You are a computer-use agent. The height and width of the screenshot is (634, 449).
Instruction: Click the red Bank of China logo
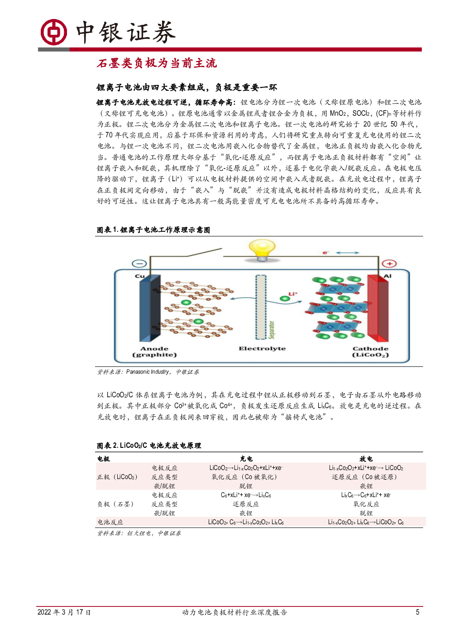53,32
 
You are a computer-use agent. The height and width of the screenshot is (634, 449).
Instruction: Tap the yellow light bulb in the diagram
262,250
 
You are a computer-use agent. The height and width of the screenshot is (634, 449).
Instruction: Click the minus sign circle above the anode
139,263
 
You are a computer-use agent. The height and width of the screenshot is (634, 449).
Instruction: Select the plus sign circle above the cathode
389,264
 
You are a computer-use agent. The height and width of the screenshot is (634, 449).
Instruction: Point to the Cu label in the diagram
140,276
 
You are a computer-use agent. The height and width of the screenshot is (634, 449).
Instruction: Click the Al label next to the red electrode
387,276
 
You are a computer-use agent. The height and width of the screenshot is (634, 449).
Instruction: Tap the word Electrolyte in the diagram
262,348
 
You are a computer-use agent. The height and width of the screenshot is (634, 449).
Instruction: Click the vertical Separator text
272,330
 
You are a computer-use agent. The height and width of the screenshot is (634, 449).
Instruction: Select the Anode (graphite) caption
154,352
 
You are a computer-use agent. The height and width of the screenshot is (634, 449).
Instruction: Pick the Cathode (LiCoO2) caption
371,352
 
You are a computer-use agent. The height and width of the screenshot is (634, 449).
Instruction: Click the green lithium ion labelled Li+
284,298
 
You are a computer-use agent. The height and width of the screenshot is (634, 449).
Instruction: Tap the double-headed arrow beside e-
348,253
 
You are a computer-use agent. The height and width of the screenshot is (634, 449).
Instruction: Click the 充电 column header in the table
246,459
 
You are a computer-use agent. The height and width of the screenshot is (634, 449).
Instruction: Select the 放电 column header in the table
366,459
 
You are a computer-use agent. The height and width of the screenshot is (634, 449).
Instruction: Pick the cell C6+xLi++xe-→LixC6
246,495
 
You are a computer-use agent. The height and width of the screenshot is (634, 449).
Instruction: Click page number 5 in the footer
417,612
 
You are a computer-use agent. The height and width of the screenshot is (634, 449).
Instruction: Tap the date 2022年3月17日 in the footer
64,612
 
